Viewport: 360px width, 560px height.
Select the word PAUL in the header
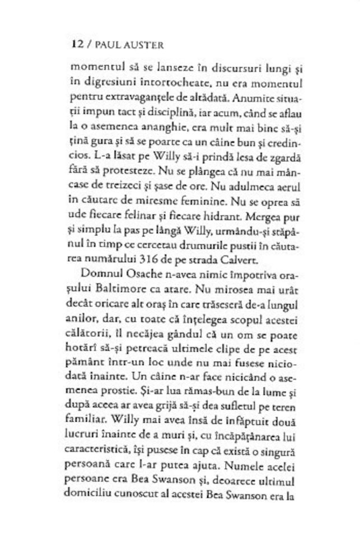click(104, 43)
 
